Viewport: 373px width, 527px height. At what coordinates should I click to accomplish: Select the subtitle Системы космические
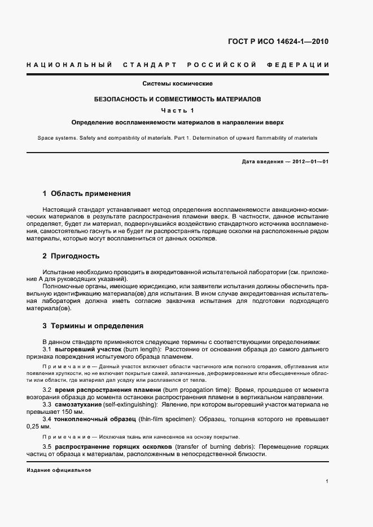(x=177, y=84)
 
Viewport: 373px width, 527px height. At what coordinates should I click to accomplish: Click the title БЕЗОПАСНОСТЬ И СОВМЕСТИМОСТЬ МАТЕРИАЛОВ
(x=177, y=99)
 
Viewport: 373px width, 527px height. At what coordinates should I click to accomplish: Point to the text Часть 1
(x=177, y=110)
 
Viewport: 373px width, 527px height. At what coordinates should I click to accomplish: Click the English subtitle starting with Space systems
(x=177, y=137)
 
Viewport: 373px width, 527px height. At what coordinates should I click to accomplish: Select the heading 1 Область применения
(x=87, y=194)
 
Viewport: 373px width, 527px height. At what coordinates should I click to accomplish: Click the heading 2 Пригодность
(x=71, y=256)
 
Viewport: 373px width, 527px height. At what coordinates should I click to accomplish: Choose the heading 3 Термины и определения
(x=93, y=325)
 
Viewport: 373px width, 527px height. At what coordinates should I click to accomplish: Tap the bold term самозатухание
(x=78, y=405)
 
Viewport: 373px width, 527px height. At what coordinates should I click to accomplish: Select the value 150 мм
(x=73, y=412)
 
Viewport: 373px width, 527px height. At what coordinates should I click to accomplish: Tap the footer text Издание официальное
(x=59, y=470)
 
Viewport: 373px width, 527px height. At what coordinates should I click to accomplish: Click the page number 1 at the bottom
(x=327, y=482)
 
